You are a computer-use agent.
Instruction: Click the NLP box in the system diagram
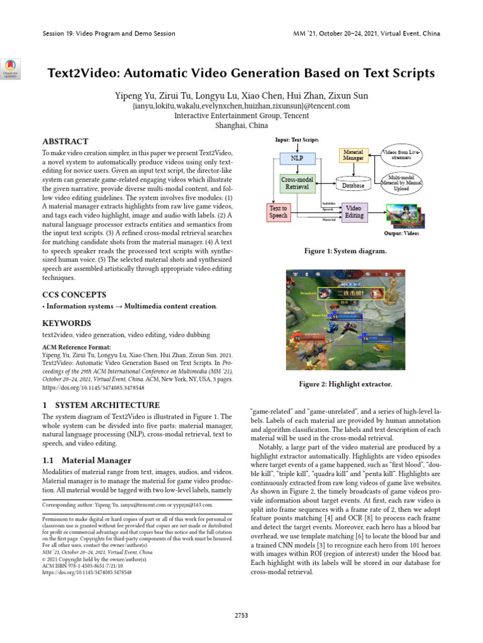tap(296, 159)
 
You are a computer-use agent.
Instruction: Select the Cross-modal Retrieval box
tap(296, 183)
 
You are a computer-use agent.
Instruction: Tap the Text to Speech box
tap(278, 212)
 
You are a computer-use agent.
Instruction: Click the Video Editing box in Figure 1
tap(353, 212)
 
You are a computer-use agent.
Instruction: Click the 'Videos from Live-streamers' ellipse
tap(402, 154)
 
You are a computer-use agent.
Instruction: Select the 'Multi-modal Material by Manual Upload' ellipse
tap(402, 182)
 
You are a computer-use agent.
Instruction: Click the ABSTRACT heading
tap(65, 141)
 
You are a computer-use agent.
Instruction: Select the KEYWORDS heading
tap(66, 323)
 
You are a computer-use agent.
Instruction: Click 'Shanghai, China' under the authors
tap(241, 126)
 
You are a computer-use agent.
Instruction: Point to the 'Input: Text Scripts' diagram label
tap(297, 139)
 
